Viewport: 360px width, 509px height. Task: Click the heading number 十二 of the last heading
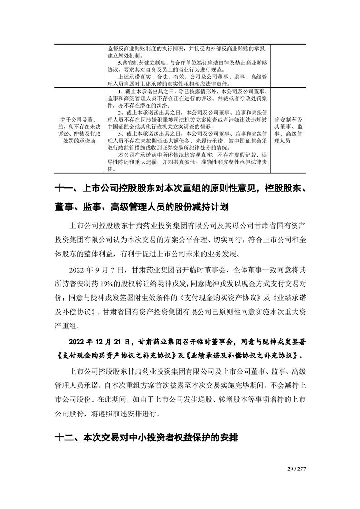[63, 439]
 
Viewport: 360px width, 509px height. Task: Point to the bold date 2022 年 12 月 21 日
[99, 342]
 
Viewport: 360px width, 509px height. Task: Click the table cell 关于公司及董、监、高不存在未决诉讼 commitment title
[79, 130]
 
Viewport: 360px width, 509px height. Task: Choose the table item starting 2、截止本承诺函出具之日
[189, 119]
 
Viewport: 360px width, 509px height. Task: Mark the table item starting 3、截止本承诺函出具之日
[189, 141]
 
